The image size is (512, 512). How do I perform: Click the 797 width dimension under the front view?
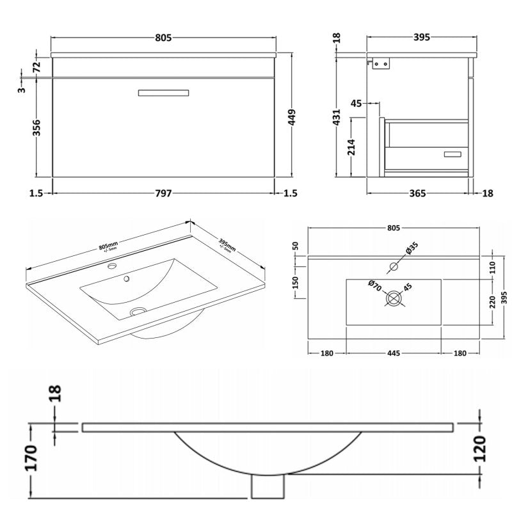pos(164,194)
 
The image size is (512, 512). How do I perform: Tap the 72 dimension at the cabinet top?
pos(36,65)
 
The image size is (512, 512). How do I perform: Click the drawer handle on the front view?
pos(164,93)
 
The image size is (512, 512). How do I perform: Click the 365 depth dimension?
pos(417,194)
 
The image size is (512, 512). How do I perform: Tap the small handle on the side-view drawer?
pos(453,154)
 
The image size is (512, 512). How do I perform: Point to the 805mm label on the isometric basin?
pos(109,246)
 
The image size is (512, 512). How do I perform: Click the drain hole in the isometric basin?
pos(136,312)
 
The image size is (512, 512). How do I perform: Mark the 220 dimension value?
pos(493,301)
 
